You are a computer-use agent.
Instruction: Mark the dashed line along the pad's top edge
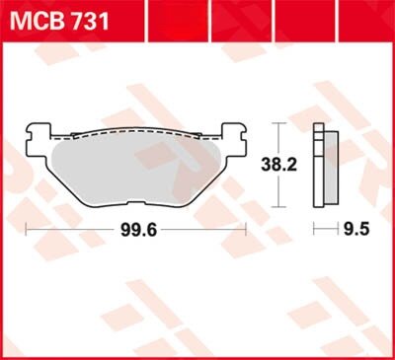coord(136,132)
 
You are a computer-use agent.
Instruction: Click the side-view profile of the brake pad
coord(319,165)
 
